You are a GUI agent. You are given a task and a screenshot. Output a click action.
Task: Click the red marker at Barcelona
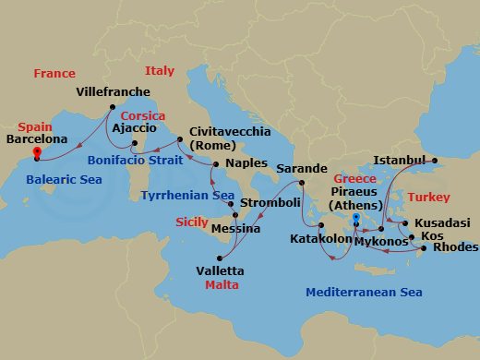pos(36,152)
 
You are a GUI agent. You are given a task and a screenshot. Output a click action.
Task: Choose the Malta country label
pos(222,285)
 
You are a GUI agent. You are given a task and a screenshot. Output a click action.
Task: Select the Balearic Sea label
pos(64,180)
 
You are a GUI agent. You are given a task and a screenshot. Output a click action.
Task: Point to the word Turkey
pos(428,198)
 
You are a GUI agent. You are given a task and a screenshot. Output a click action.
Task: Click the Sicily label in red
pos(192,222)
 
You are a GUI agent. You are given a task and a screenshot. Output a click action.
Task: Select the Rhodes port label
pos(454,247)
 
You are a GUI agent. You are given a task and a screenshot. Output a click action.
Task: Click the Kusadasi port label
pos(443,222)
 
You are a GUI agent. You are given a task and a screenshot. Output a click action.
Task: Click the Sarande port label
pos(301,169)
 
